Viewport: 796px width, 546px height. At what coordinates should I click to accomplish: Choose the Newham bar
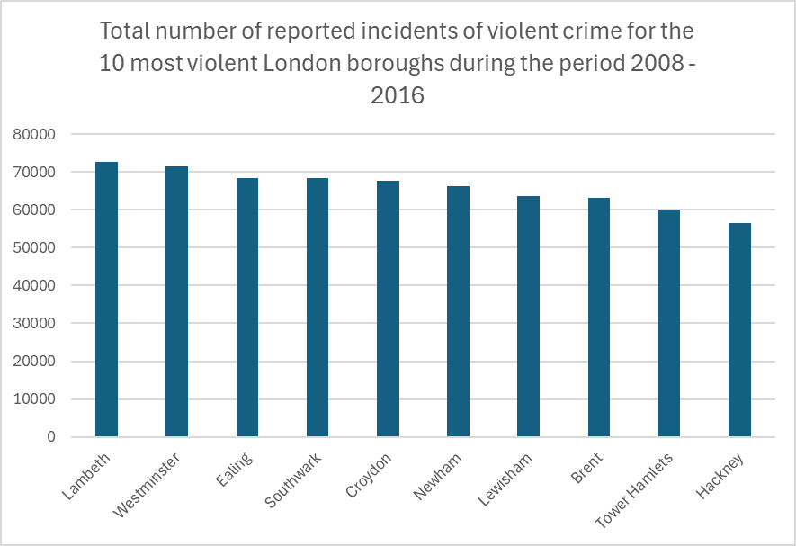point(458,311)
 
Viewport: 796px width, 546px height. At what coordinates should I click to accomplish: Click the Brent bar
point(599,318)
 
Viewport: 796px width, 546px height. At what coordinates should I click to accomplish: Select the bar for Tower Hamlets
point(669,323)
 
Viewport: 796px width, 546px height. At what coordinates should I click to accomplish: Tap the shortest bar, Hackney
point(739,330)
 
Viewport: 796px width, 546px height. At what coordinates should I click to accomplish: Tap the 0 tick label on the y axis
point(51,437)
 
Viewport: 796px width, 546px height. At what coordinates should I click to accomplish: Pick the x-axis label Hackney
point(719,476)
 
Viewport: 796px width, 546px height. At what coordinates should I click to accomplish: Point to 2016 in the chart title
point(397,94)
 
